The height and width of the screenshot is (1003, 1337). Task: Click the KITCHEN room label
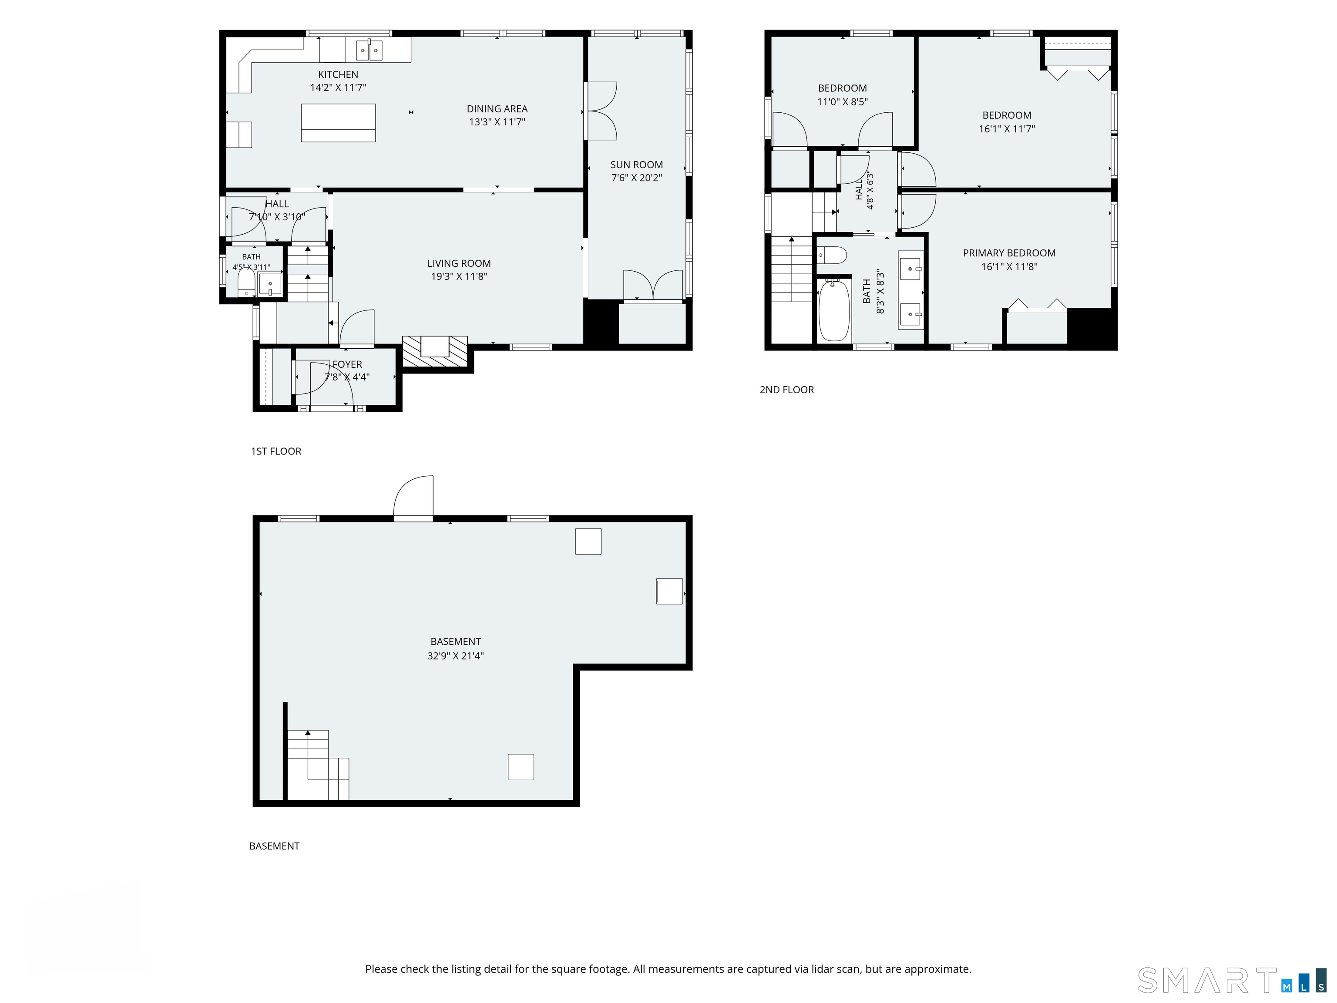(338, 74)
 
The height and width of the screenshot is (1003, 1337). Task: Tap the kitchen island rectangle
(339, 123)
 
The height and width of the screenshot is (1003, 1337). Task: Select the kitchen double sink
(369, 50)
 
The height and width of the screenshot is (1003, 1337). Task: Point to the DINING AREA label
(497, 109)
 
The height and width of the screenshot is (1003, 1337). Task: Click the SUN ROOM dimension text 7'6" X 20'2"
(636, 178)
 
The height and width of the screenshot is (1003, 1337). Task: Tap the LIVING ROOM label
(459, 263)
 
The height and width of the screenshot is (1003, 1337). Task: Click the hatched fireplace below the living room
(435, 351)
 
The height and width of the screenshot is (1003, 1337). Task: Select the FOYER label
(348, 364)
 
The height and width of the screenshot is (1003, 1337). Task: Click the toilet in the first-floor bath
(246, 283)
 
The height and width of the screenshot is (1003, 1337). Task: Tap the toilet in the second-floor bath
(832, 255)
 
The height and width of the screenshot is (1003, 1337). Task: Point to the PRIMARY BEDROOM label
(1009, 253)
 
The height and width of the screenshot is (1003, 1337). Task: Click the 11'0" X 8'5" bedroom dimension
(843, 101)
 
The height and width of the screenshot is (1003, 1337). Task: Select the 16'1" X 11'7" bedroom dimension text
(1007, 129)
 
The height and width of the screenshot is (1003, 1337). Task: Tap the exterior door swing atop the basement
(413, 498)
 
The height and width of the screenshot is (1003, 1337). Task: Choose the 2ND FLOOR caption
(787, 390)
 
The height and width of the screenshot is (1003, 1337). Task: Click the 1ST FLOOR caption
(276, 451)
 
